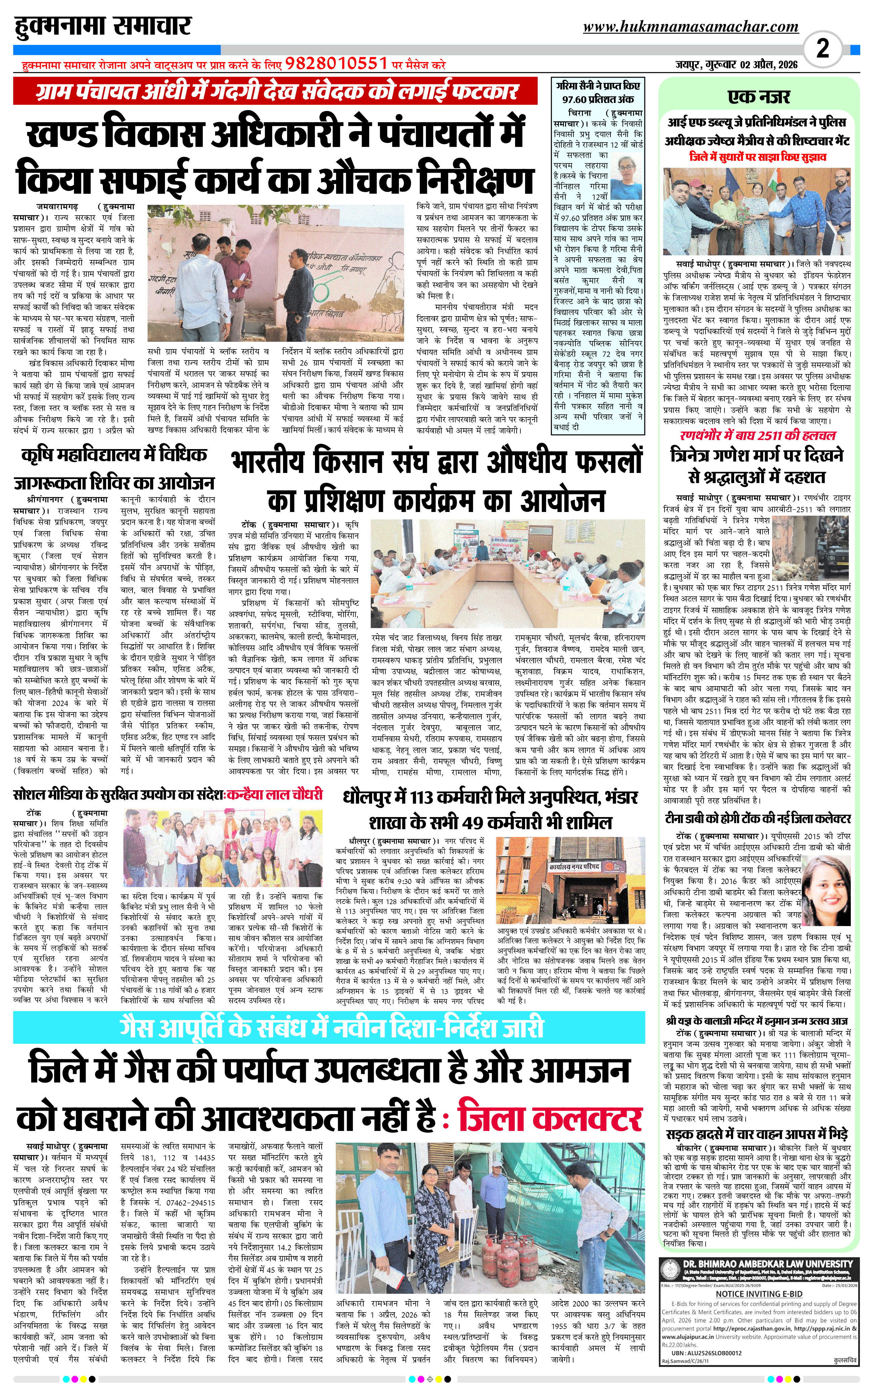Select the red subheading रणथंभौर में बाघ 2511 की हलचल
[x=757, y=436]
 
